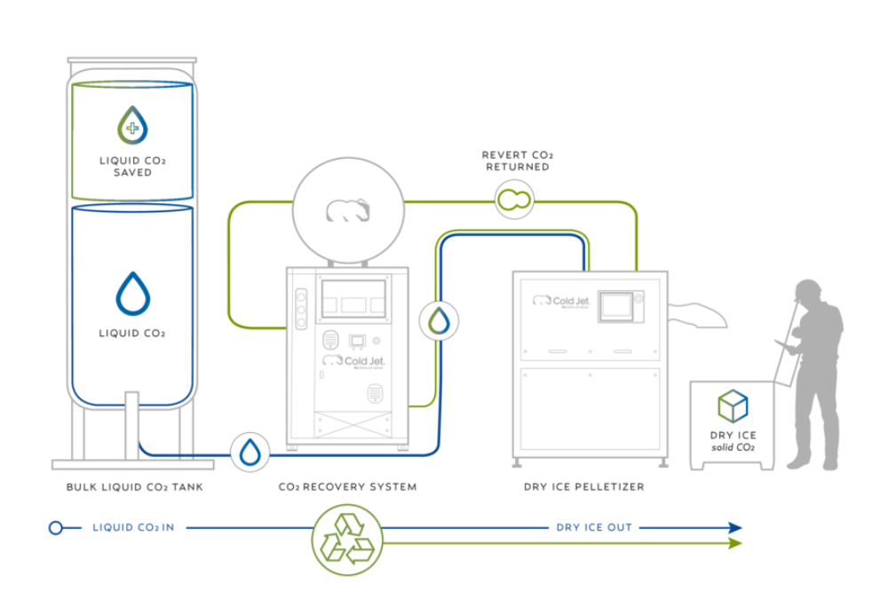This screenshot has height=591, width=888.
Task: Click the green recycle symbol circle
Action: click(346, 539)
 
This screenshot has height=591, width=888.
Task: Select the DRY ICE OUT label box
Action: click(594, 527)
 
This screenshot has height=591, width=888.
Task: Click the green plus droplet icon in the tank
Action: click(133, 125)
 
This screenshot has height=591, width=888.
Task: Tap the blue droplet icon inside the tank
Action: click(133, 294)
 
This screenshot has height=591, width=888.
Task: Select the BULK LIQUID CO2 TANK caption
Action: click(132, 487)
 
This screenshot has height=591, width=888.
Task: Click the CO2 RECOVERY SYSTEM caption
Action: click(346, 487)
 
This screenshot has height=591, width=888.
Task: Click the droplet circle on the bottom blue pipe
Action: click(250, 452)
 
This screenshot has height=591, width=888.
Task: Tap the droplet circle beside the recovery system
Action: click(439, 320)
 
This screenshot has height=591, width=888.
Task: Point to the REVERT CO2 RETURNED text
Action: click(516, 161)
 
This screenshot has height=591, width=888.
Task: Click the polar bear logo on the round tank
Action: click(348, 210)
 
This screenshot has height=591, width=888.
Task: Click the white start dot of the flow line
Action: click(55, 528)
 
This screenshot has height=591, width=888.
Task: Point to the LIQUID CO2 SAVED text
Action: click(132, 166)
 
